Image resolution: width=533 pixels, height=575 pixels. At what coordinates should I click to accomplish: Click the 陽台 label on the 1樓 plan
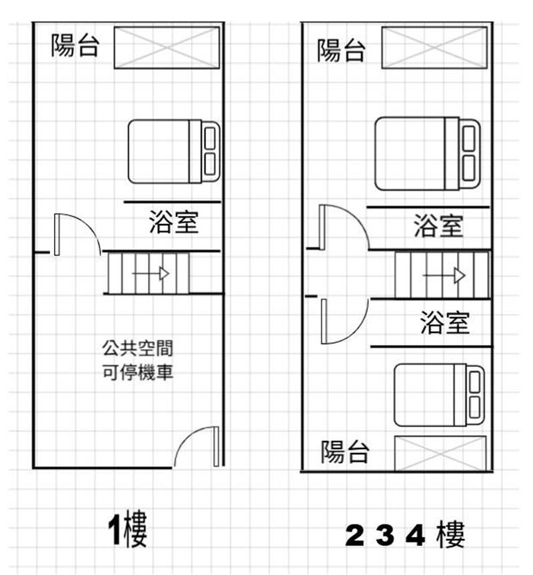(x=75, y=45)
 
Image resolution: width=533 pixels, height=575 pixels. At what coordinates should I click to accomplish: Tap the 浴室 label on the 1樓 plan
(x=174, y=223)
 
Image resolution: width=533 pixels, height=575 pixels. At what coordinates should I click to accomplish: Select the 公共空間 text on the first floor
(x=137, y=348)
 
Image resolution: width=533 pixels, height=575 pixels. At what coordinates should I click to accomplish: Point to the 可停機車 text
(x=137, y=372)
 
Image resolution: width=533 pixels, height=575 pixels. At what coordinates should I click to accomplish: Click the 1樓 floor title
(x=128, y=528)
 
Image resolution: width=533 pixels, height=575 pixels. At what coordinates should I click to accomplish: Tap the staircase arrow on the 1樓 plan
(x=151, y=274)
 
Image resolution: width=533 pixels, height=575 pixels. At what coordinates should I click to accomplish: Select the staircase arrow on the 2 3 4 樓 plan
(x=444, y=275)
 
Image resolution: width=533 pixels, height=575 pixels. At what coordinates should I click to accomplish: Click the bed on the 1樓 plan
(x=174, y=151)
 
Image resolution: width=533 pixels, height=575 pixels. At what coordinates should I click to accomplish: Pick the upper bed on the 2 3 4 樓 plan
(x=428, y=154)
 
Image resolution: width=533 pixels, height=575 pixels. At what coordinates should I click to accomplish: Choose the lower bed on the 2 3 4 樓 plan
(x=439, y=395)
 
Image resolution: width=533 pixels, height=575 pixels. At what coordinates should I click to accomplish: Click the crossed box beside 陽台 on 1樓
(x=167, y=48)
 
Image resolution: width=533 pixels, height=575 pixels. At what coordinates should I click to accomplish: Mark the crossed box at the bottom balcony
(x=440, y=453)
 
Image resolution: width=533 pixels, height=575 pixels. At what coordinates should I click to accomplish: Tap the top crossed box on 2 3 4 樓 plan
(x=435, y=48)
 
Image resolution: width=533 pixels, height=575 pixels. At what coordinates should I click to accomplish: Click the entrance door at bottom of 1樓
(x=197, y=446)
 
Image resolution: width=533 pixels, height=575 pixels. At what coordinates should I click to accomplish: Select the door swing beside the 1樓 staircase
(x=78, y=235)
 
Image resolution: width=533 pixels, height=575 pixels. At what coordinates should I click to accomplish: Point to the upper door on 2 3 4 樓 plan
(x=344, y=227)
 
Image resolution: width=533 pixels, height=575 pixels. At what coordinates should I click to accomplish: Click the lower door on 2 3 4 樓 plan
(x=344, y=321)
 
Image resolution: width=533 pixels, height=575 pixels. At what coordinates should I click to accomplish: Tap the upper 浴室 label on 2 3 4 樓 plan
(x=438, y=225)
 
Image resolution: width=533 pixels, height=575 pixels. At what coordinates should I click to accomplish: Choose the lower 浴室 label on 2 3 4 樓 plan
(x=444, y=322)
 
